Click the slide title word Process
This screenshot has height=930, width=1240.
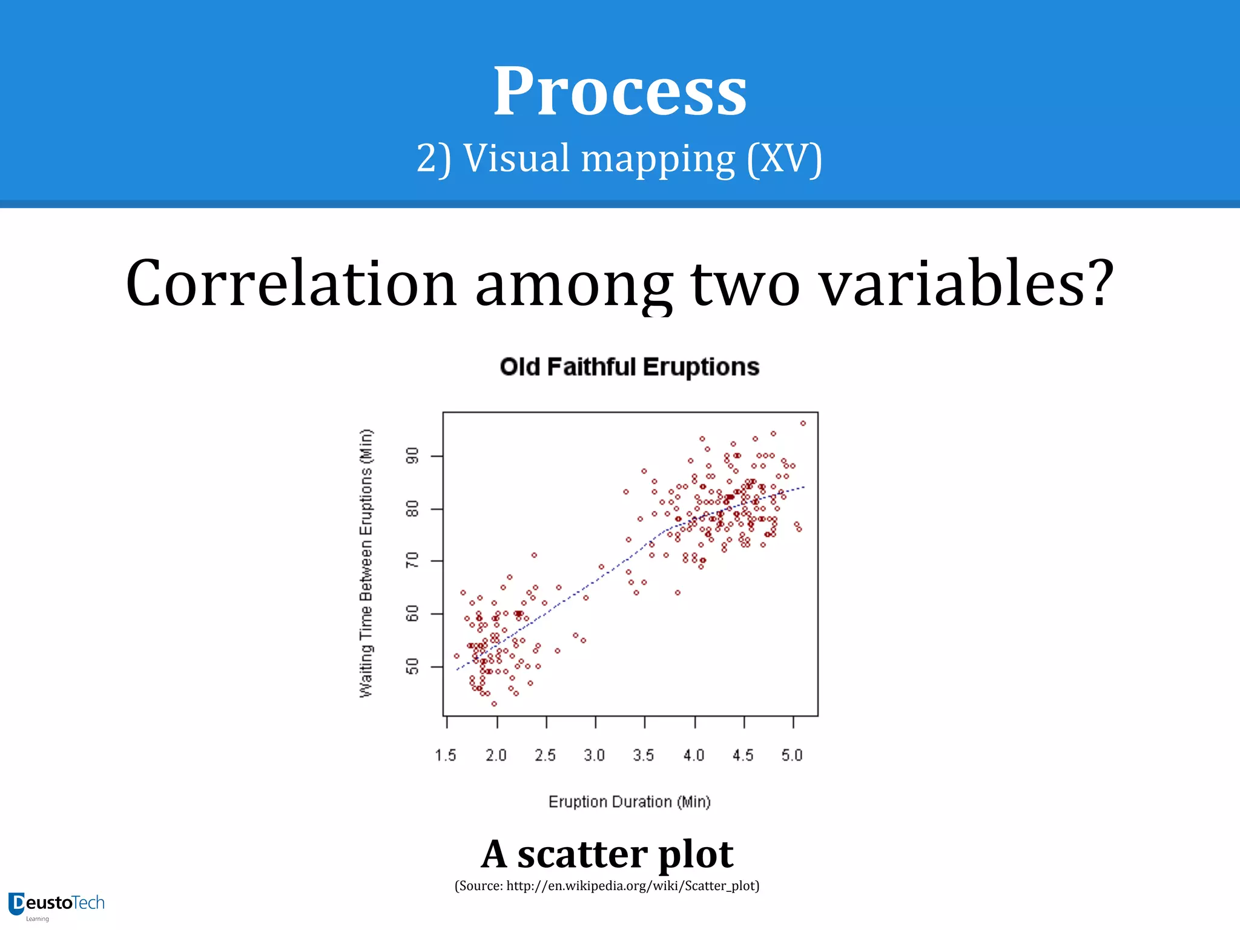pos(619,92)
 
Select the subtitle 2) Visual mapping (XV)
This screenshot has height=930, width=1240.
pos(619,159)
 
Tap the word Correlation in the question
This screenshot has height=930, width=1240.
pos(291,283)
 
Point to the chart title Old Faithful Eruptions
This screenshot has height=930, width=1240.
pos(629,367)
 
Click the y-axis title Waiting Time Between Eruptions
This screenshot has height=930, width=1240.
pos(366,563)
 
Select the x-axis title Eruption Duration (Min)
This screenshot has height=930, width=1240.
pos(629,802)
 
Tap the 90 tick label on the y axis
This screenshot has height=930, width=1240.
pos(412,456)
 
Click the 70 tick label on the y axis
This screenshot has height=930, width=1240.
pos(412,561)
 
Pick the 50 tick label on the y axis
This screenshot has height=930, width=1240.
pos(412,667)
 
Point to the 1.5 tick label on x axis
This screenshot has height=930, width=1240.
pos(446,755)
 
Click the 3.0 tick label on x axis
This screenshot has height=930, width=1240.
pos(594,755)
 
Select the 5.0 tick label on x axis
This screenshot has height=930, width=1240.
pos(791,755)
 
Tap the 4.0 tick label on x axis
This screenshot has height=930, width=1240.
pos(693,755)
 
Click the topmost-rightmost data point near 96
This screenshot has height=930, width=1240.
pos(803,423)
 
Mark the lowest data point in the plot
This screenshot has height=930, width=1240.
pos(494,704)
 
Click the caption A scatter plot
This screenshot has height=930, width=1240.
pos(607,854)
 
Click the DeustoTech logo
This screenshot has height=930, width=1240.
pos(56,904)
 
